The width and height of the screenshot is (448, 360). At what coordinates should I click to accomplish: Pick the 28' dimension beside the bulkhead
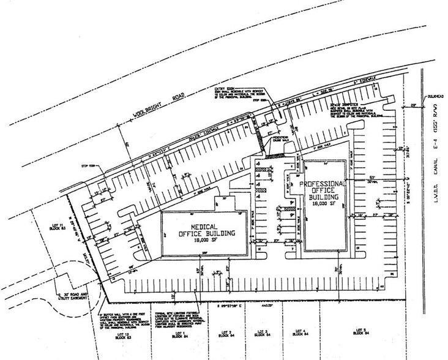(x=413, y=106)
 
